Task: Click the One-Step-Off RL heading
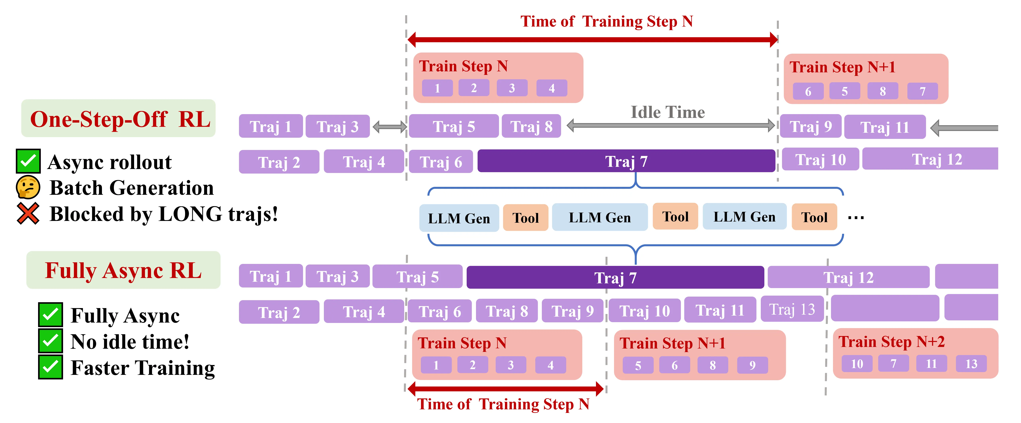pyautogui.click(x=120, y=119)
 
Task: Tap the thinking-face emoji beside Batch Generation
pyautogui.click(x=28, y=187)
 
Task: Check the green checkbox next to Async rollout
pyautogui.click(x=28, y=161)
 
